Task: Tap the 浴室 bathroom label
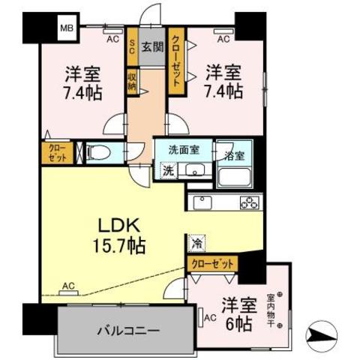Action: (x=234, y=155)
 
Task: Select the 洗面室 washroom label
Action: (x=183, y=148)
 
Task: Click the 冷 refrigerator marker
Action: (x=196, y=243)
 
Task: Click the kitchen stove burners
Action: (x=249, y=202)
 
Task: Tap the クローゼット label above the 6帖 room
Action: (x=212, y=264)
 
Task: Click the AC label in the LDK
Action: (x=68, y=285)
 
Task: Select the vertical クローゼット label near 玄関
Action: (x=176, y=58)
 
